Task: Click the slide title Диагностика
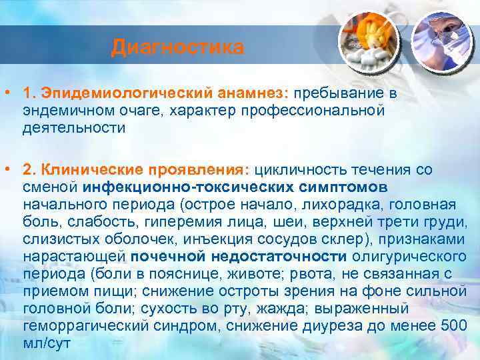click(x=178, y=48)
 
